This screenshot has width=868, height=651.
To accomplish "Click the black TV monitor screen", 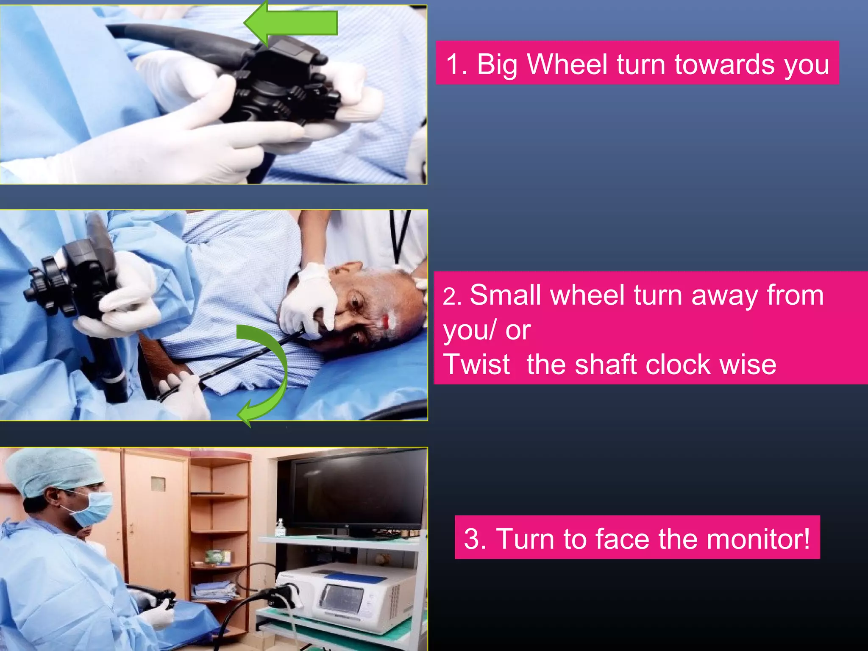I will pyautogui.click(x=358, y=492).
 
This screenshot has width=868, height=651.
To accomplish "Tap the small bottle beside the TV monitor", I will pyautogui.click(x=280, y=528).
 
